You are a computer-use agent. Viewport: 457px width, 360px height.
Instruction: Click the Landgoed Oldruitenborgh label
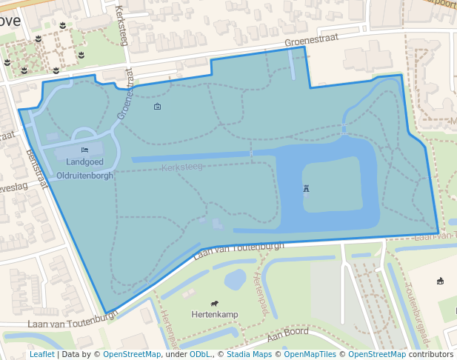89,169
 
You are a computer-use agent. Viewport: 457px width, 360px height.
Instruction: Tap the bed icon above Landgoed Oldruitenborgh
84,150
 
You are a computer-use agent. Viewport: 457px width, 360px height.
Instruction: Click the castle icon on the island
307,189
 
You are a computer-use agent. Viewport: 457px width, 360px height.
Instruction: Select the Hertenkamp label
215,315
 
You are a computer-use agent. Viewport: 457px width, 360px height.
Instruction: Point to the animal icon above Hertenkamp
214,303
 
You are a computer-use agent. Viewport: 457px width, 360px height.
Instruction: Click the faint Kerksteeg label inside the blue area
182,167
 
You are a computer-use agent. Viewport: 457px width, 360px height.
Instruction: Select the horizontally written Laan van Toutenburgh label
73,323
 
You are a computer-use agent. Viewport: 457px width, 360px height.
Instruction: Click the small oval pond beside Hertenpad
235,279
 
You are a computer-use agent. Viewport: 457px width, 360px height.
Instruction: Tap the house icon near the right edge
440,281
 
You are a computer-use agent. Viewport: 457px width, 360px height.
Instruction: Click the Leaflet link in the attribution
42,354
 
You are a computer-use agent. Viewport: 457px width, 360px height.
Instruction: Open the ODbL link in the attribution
200,354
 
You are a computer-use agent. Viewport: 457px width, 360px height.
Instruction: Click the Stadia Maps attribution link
248,354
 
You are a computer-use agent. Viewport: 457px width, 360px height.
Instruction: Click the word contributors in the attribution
431,354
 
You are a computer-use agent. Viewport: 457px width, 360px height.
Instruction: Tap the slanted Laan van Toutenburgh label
238,250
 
